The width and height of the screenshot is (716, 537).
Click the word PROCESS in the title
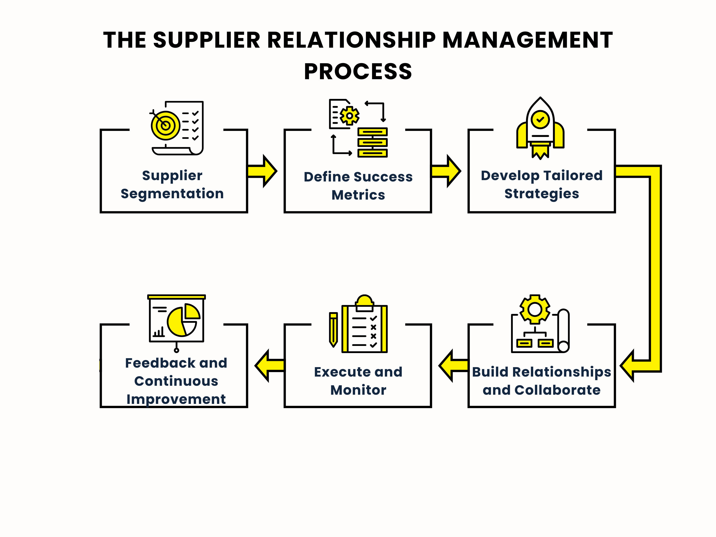tap(358, 72)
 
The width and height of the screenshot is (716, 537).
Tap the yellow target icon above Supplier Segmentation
tap(165, 125)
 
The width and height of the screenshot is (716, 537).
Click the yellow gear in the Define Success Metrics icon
tap(349, 115)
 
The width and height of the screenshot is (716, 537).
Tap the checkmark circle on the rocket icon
tap(540, 120)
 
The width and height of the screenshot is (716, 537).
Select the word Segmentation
tap(172, 194)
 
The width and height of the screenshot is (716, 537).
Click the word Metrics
tap(358, 195)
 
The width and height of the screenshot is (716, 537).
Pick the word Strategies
tap(541, 194)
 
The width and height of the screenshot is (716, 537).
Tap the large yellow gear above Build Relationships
tap(535, 309)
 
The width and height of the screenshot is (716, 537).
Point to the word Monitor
tap(358, 390)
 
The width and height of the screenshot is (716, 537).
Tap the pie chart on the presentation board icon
tap(182, 322)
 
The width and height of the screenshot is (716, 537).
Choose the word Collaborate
tap(557, 390)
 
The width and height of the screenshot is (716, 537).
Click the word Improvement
tap(176, 399)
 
